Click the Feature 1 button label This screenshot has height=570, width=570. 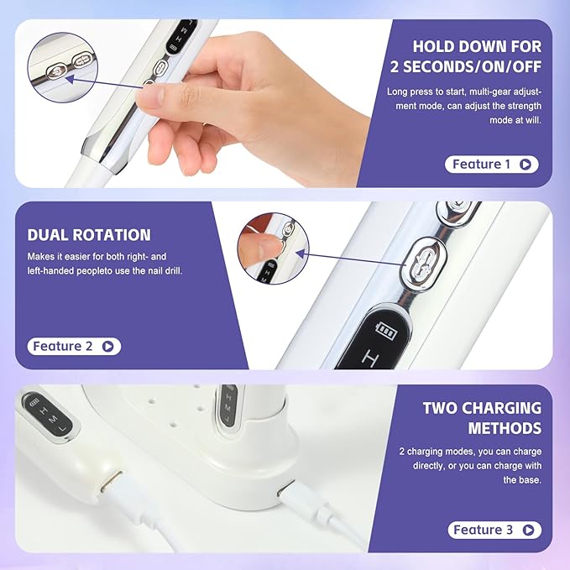coord(481,165)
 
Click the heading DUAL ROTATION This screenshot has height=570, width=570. coord(89,235)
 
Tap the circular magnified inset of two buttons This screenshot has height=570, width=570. coord(62,63)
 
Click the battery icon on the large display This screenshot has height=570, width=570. coord(387,327)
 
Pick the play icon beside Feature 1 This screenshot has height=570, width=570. coord(526,165)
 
